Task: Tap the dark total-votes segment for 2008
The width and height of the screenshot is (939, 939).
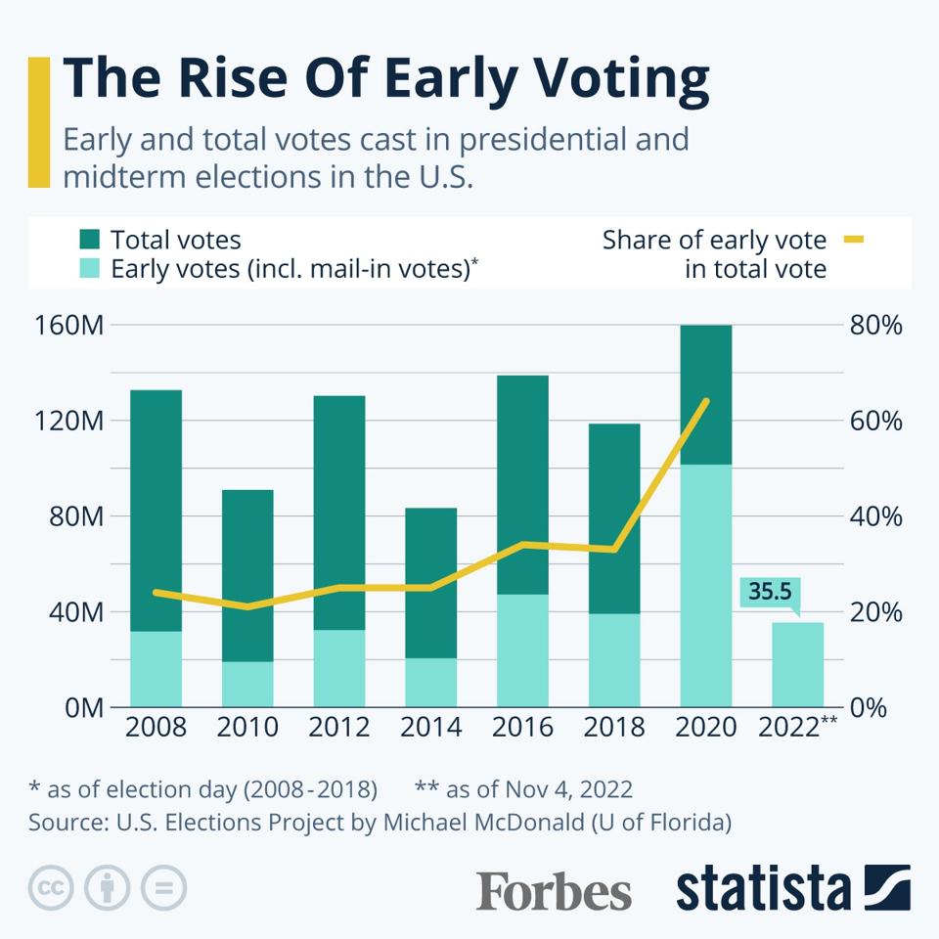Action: click(156, 509)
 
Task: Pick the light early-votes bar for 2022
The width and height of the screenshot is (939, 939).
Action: click(798, 665)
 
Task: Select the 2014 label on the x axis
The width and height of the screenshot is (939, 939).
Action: click(430, 728)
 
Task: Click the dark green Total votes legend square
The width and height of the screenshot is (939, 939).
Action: click(90, 240)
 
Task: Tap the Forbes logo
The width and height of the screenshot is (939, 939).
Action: click(554, 890)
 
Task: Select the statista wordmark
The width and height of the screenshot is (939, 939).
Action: click(763, 888)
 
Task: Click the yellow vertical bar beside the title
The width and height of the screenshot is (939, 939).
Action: click(38, 121)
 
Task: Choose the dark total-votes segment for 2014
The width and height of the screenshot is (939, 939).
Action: click(430, 582)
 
